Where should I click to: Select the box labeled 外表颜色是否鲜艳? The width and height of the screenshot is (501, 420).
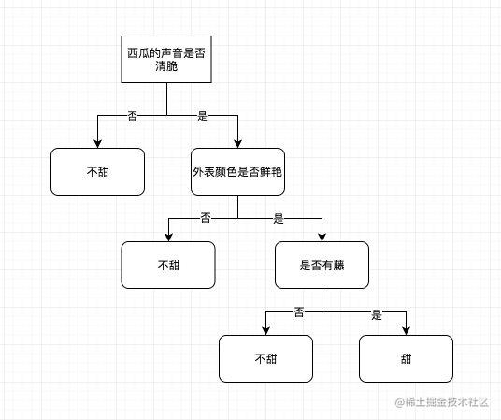[237, 172]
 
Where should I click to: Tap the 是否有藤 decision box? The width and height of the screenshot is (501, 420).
[322, 265]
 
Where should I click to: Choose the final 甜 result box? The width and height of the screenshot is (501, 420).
[406, 358]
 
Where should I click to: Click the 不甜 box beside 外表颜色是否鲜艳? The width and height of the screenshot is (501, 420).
[98, 172]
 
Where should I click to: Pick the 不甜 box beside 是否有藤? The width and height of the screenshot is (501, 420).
[168, 265]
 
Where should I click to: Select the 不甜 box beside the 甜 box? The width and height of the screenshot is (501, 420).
[265, 358]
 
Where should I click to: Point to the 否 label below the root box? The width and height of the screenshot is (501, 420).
[132, 115]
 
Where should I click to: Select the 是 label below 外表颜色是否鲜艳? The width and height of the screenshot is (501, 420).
[278, 218]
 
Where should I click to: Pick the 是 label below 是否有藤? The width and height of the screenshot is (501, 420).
[377, 313]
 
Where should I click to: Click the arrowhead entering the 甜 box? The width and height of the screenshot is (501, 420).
[406, 329]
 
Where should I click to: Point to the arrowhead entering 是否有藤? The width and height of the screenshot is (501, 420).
[322, 236]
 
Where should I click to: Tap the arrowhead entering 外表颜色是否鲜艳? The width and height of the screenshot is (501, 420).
[237, 143]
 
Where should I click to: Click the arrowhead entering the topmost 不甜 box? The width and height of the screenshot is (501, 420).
[98, 143]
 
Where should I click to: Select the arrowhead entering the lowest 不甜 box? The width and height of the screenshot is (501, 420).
[265, 329]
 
